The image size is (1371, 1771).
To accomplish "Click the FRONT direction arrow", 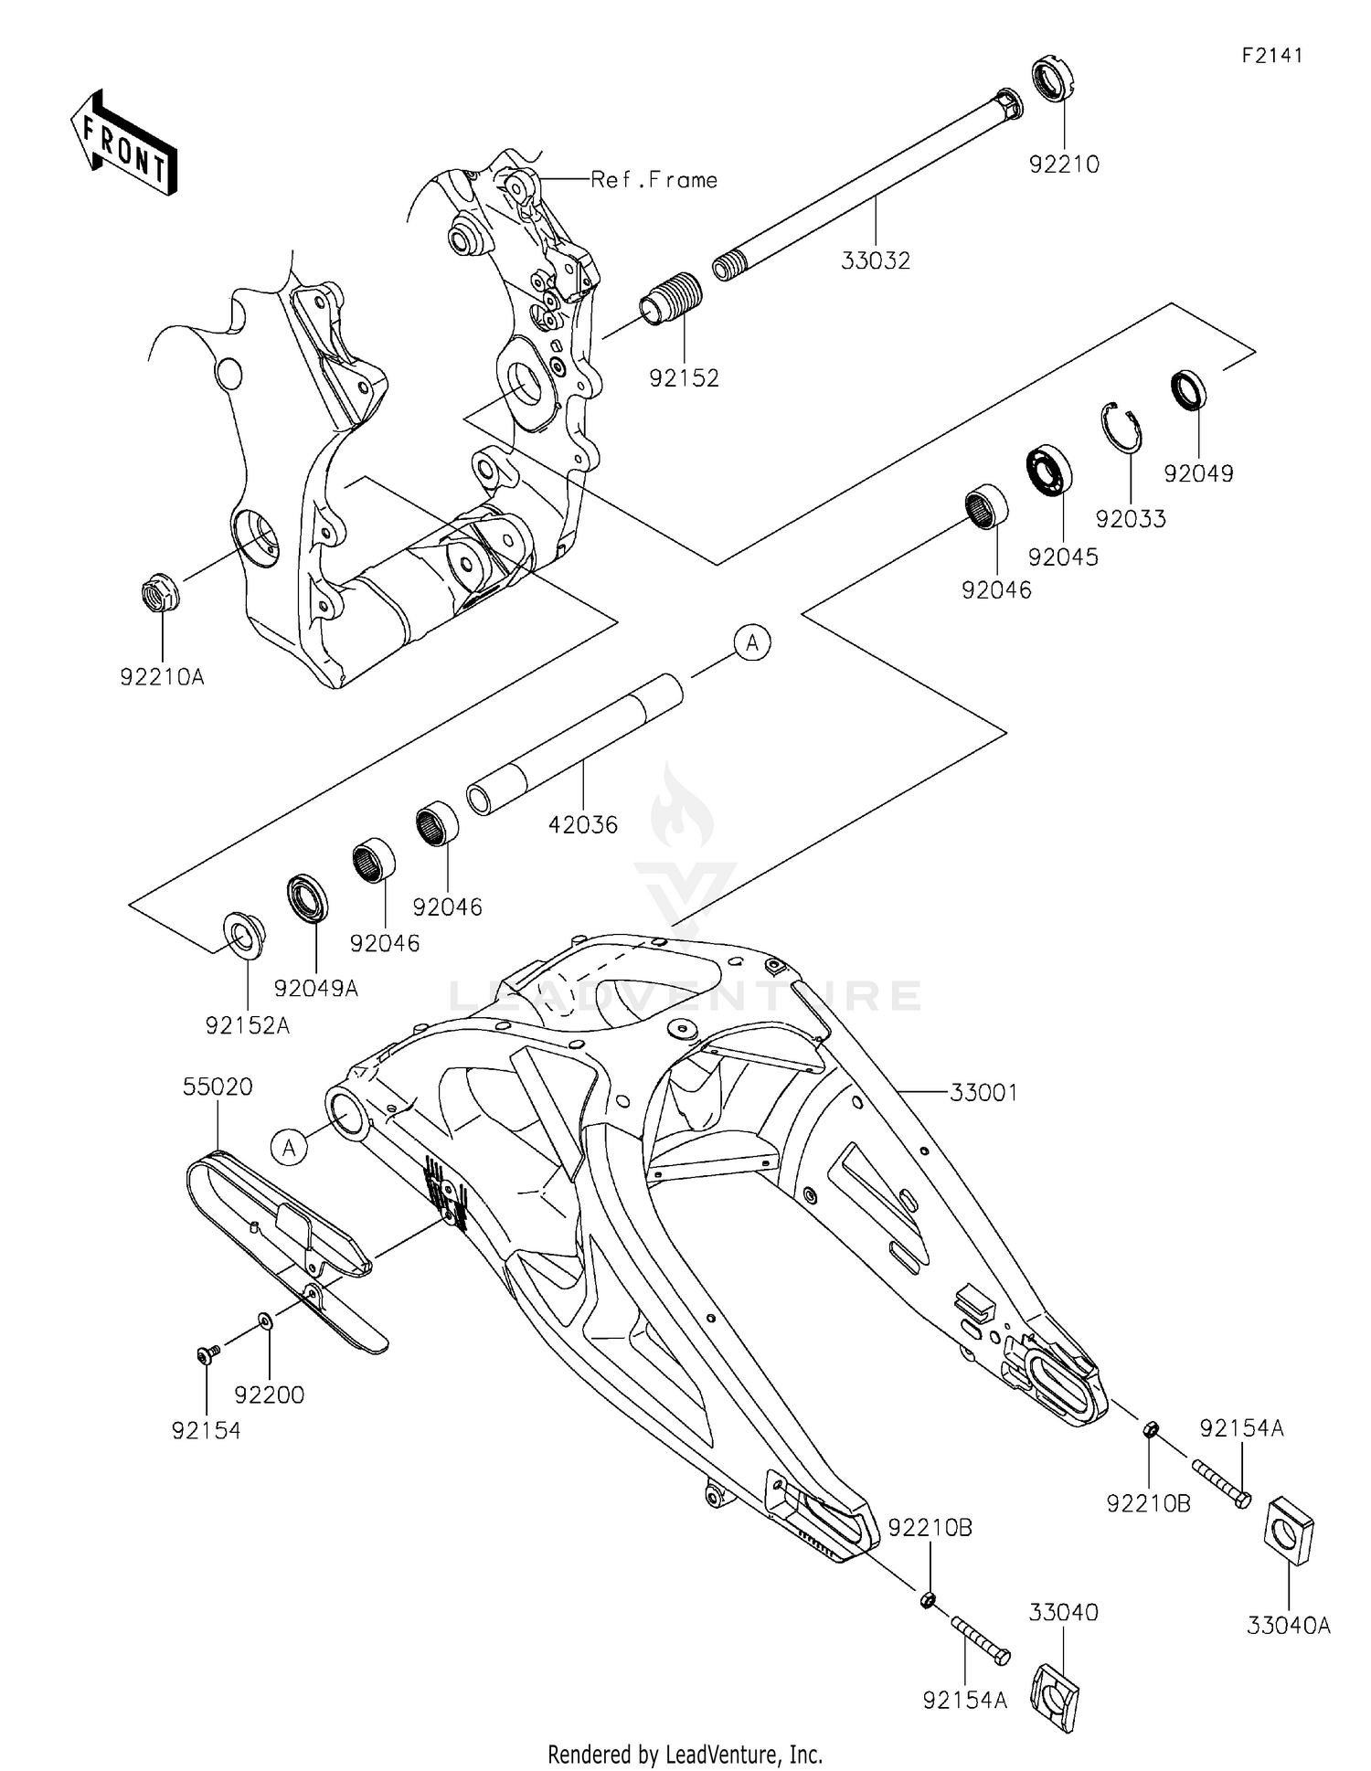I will pos(122,143).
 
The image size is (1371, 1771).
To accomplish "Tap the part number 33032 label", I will pos(876,261).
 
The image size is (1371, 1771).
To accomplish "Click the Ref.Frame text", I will pos(654,180).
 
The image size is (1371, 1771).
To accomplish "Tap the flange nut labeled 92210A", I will pos(161,594).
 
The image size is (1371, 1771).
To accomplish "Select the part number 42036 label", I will pos(583,825).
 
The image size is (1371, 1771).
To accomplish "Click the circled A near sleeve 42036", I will pos(752,643).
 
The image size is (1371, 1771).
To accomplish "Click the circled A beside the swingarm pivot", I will pos(290,1147).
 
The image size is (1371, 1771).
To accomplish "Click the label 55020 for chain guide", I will pos(218,1087).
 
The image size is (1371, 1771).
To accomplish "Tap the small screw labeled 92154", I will pos(206,1354).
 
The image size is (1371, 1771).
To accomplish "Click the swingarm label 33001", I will pos(983,1093).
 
